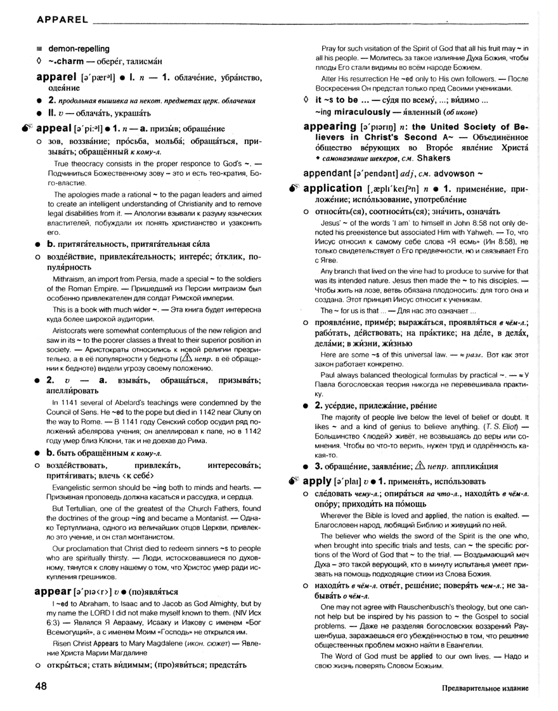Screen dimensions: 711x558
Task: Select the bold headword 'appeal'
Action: click(50, 128)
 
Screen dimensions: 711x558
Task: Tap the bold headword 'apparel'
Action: click(57, 77)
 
